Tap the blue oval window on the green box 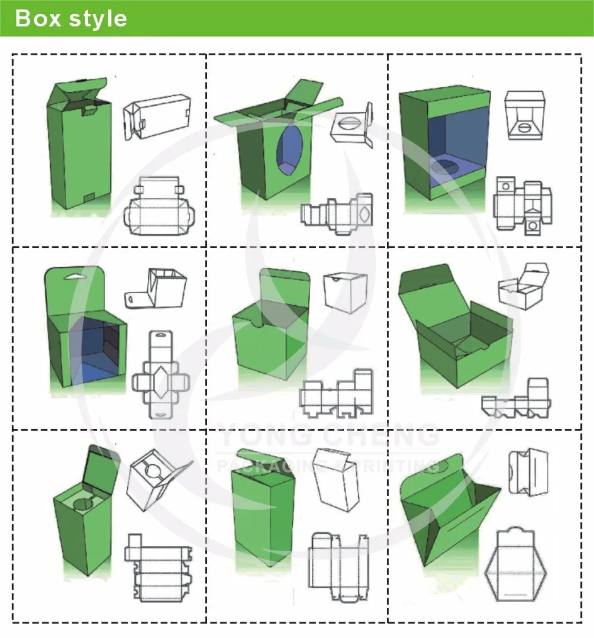(289, 150)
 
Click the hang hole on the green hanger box (74, 277)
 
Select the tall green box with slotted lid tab (79, 145)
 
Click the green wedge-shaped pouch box (449, 508)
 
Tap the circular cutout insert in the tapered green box (84, 503)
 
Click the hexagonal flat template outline (515, 565)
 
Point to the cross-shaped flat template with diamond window (160, 374)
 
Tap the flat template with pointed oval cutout (337, 214)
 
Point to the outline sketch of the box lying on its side (157, 117)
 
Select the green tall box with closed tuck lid (263, 508)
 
